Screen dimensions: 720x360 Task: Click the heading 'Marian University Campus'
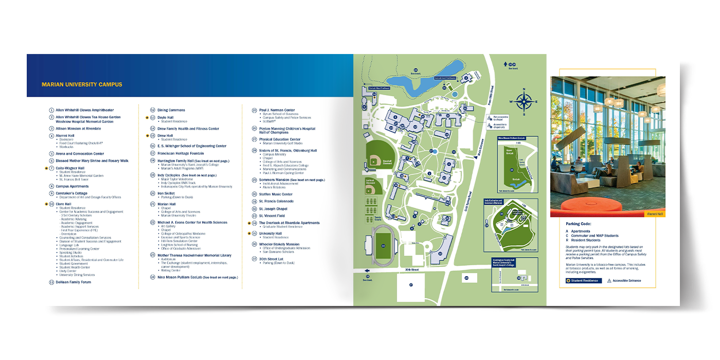pyautogui.click(x=82, y=84)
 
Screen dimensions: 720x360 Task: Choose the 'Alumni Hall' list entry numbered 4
pyautogui.click(x=64, y=135)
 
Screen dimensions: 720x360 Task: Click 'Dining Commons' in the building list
pyautogui.click(x=171, y=110)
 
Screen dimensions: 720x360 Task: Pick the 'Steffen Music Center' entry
pyautogui.click(x=276, y=194)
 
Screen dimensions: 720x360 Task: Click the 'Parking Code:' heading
pyautogui.click(x=579, y=224)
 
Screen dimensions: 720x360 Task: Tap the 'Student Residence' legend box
pyautogui.click(x=582, y=281)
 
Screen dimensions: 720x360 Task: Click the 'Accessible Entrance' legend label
pyautogui.click(x=626, y=281)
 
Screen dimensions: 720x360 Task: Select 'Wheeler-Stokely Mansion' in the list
pyautogui.click(x=279, y=244)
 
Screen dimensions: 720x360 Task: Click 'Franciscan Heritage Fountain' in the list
pyautogui.click(x=184, y=153)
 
